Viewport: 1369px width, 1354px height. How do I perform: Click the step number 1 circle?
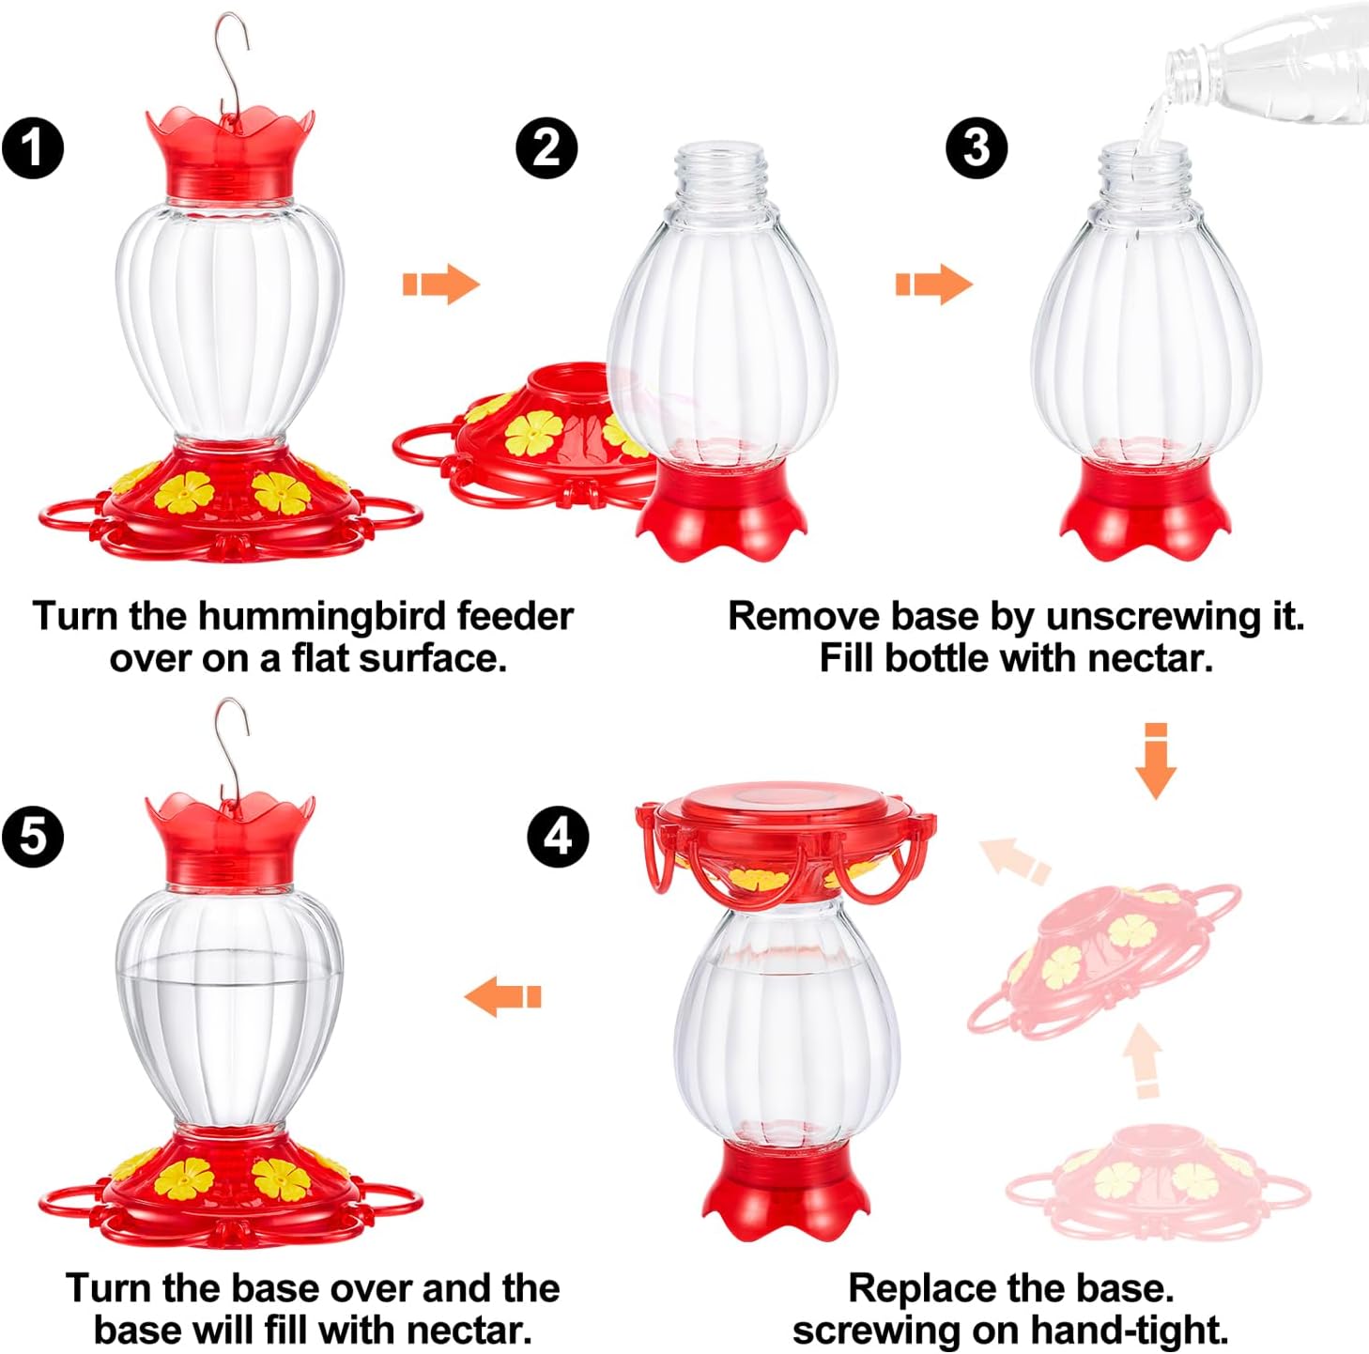[33, 148]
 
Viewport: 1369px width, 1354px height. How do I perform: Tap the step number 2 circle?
[546, 147]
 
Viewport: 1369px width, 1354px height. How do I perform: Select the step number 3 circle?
[977, 147]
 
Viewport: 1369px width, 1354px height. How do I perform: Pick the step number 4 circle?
[559, 836]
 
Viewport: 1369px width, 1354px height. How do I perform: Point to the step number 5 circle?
[33, 835]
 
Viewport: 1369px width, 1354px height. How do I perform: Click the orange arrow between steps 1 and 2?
[441, 284]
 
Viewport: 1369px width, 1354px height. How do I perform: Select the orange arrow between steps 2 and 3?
[933, 284]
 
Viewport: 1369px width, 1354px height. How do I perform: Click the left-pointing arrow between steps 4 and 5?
[503, 996]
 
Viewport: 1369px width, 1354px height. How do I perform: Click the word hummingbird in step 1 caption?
[325, 617]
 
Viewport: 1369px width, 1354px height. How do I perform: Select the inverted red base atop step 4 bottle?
[785, 836]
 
